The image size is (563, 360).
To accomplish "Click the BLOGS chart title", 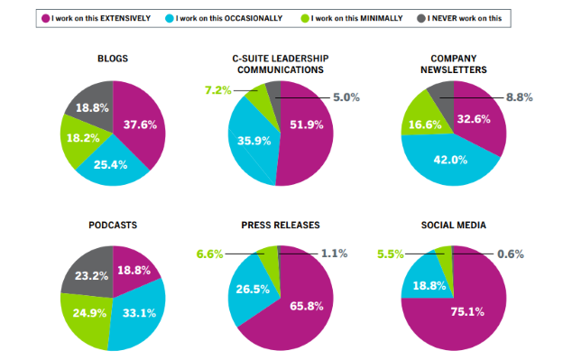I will [113, 60].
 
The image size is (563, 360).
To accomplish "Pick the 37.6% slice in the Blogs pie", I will [140, 126].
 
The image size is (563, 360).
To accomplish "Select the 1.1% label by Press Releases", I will [335, 254].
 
